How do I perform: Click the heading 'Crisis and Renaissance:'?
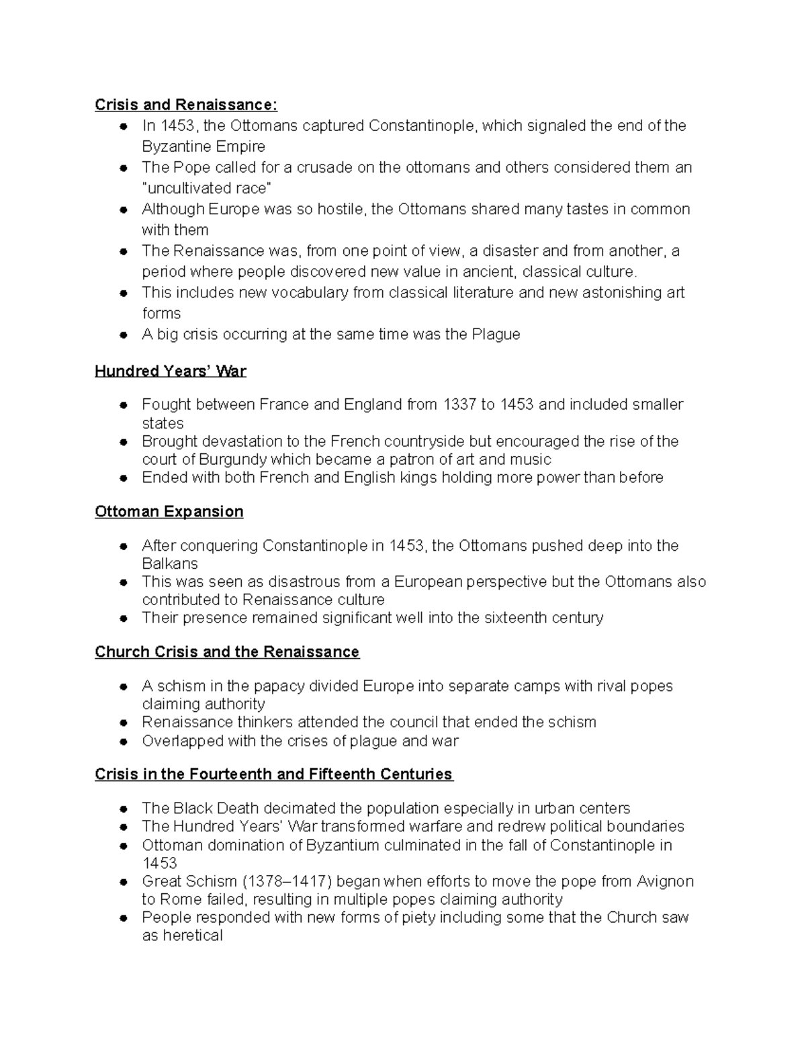[x=185, y=105]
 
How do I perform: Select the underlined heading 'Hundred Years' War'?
[x=171, y=371]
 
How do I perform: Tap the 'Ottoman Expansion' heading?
[x=169, y=512]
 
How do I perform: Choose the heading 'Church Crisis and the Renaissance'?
[x=227, y=652]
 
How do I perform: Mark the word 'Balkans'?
[x=170, y=563]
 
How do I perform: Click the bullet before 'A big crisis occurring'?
[x=124, y=335]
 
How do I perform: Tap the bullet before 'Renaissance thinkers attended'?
[x=124, y=723]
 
